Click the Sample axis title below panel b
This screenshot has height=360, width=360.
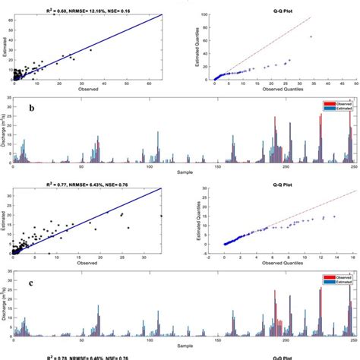(x=184, y=172)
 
